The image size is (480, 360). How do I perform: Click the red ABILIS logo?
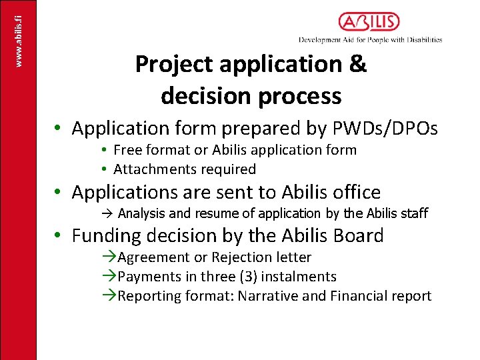tap(369, 22)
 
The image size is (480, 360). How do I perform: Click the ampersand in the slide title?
tap(357, 65)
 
